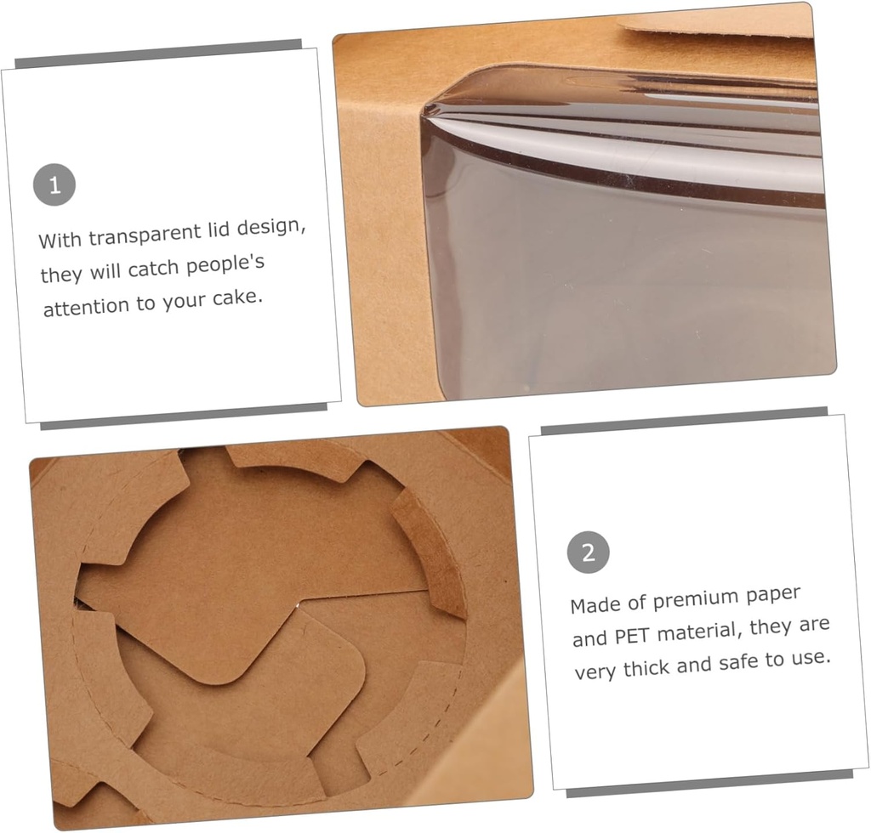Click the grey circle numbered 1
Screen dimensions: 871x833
[54, 184]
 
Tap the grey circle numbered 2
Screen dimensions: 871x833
[589, 552]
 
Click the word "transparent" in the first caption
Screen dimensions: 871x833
[145, 235]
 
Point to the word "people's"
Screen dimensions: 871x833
[225, 264]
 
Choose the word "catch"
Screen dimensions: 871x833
[153, 269]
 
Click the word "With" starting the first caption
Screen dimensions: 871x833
[60, 241]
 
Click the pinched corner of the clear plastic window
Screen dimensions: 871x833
[427, 110]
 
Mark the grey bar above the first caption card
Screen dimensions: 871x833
[158, 54]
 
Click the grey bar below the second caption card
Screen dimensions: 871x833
[709, 784]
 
